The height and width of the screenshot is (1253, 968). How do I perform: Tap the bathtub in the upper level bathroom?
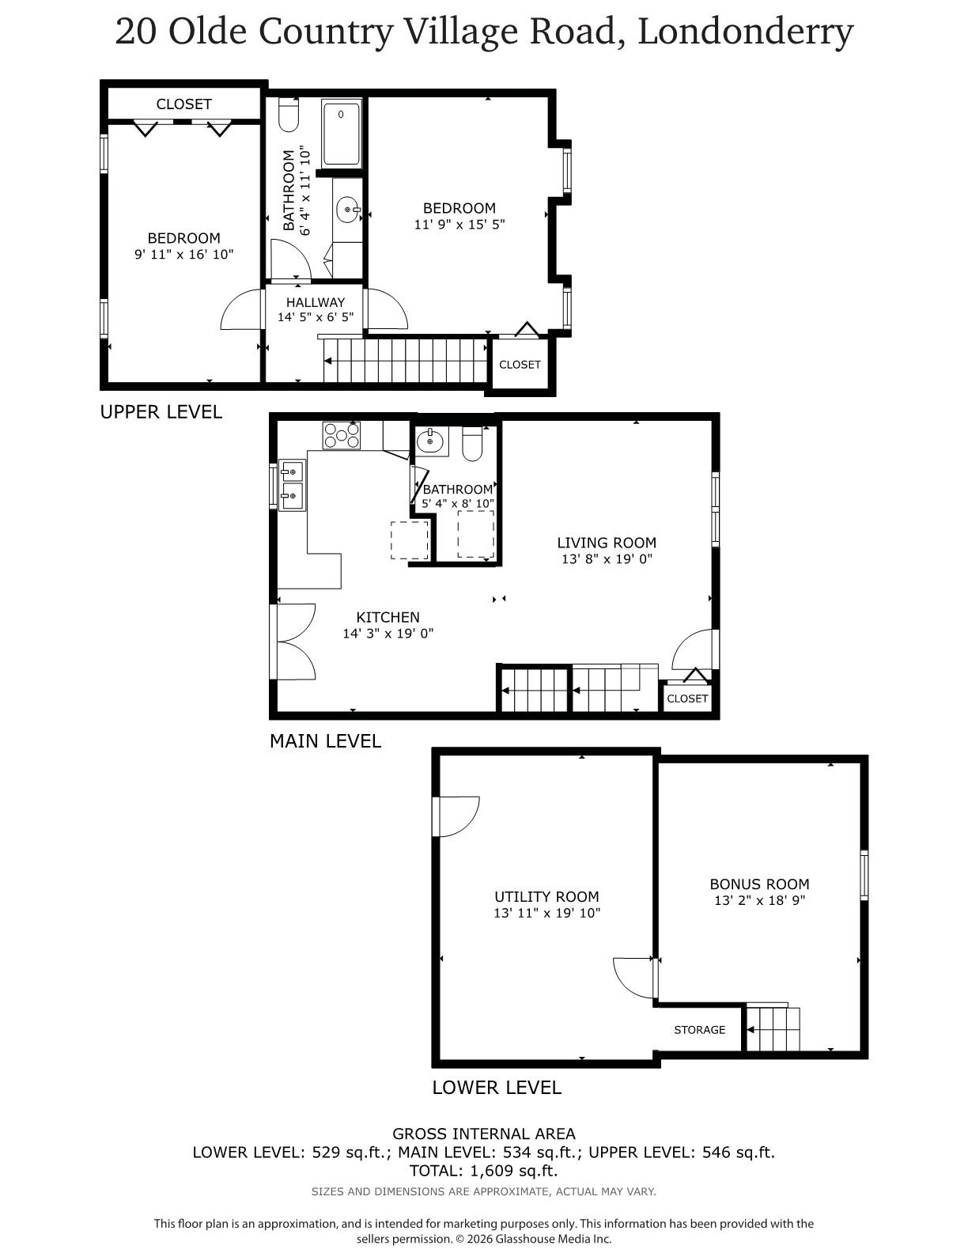pos(342,133)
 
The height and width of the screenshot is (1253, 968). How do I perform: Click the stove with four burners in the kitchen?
pos(341,436)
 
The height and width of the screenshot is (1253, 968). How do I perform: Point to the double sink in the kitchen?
pos(291,486)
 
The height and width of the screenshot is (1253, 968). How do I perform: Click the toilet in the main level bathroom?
pos(472,445)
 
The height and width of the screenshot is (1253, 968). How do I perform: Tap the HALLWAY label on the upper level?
pos(316,302)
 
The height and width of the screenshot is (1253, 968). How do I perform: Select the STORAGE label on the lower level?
pos(699,1030)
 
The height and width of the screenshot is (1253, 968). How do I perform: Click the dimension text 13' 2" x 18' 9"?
pos(759,900)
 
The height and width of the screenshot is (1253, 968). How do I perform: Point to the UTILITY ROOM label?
pos(546,896)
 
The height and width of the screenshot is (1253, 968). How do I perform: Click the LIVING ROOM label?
pos(607,543)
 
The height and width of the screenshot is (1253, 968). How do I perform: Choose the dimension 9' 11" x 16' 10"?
pos(183,254)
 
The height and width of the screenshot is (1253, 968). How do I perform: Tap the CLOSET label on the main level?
pos(687,698)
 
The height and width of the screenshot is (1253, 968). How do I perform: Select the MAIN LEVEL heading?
pos(325,741)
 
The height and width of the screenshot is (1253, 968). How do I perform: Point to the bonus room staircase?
pos(773,1028)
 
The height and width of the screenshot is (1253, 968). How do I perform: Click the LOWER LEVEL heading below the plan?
pos(497,1088)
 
